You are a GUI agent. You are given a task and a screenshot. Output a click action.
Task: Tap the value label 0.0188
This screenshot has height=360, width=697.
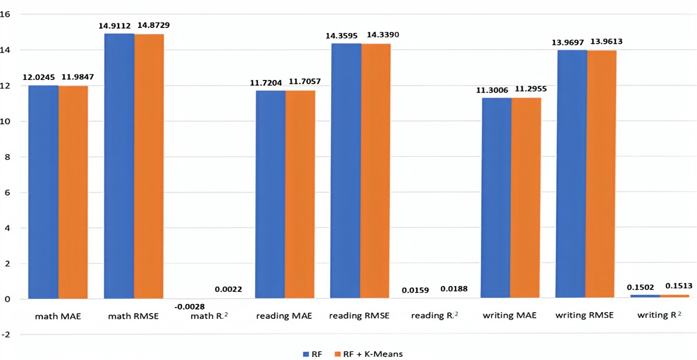[x=453, y=290]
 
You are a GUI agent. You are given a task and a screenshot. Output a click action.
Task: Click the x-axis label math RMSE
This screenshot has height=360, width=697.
[x=133, y=316]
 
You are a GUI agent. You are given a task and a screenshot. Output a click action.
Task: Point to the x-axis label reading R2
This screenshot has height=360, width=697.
[x=435, y=316]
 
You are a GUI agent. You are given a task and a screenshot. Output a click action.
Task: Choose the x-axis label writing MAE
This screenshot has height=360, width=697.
[x=510, y=316]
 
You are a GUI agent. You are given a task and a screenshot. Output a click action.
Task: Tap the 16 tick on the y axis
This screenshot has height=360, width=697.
[x=6, y=14]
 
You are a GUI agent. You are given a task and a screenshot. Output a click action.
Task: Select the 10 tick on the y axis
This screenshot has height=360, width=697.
[x=6, y=121]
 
